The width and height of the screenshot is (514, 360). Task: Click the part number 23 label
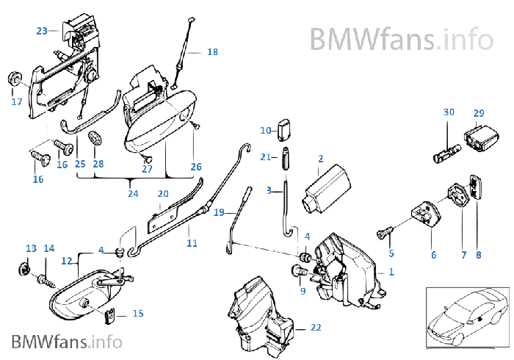point(41,31)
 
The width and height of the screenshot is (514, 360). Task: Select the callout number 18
point(212,52)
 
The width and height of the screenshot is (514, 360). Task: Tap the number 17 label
point(16,102)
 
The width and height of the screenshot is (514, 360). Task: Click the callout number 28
point(98,164)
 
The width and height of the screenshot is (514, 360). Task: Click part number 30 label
point(449,112)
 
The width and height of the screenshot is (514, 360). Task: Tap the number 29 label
point(479,113)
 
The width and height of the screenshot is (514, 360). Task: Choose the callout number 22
point(316,328)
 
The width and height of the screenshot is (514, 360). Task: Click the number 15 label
point(137,314)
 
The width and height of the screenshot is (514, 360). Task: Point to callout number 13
point(31,248)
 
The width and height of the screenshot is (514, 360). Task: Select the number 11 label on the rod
point(192,242)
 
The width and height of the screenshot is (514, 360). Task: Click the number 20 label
point(163,194)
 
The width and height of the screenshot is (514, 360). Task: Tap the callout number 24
point(132,194)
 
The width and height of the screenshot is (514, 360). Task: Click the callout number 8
point(478,255)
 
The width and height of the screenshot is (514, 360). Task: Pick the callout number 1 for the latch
point(391,272)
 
